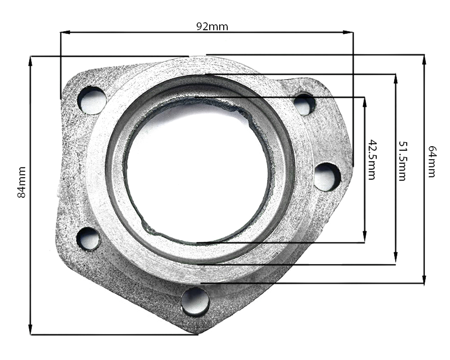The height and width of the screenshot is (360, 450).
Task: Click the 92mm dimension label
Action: coord(212,27)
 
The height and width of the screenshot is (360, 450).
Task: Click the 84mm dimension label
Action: coord(22,182)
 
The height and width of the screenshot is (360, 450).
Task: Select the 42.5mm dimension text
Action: coord(372,160)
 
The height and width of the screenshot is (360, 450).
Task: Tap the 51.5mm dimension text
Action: coord(402,161)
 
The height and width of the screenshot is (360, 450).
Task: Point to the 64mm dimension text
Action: coord(432,162)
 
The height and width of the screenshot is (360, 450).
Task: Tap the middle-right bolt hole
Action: coord(327,177)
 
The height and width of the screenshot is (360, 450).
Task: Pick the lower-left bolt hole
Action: coord(89,239)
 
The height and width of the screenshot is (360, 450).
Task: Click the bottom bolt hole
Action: coord(195,302)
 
